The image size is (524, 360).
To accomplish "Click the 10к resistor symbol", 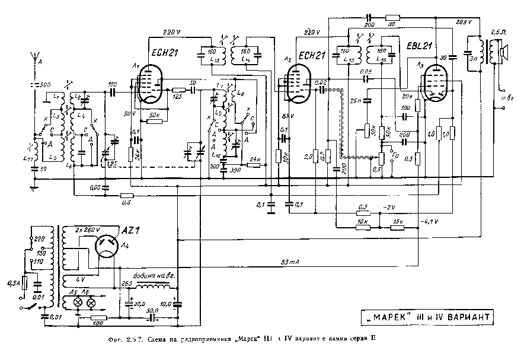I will tap(363, 226).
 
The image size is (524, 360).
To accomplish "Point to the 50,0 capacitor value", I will tap(153, 311).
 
